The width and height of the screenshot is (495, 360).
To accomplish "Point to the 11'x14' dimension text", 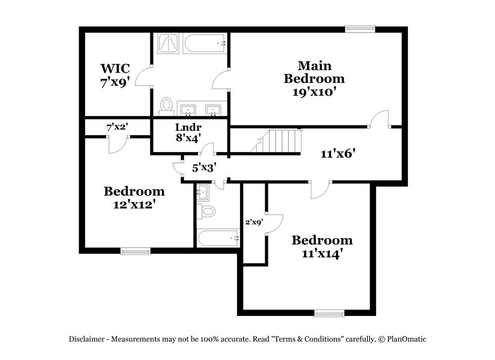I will [322, 253].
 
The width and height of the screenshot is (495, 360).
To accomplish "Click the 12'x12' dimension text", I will [134, 204].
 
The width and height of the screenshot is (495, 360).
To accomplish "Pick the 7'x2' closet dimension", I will [117, 127].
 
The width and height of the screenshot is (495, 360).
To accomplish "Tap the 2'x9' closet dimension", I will [254, 222].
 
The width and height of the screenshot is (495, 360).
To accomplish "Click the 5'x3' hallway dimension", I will [204, 168].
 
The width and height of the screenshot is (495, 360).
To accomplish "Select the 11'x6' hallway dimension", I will [338, 154].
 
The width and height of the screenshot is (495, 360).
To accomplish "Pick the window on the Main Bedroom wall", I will [360, 29].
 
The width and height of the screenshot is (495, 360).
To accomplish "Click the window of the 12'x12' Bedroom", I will [136, 252].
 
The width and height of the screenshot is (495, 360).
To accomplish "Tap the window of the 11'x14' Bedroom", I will [329, 313].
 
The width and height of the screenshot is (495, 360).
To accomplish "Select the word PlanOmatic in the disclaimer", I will [406, 339].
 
